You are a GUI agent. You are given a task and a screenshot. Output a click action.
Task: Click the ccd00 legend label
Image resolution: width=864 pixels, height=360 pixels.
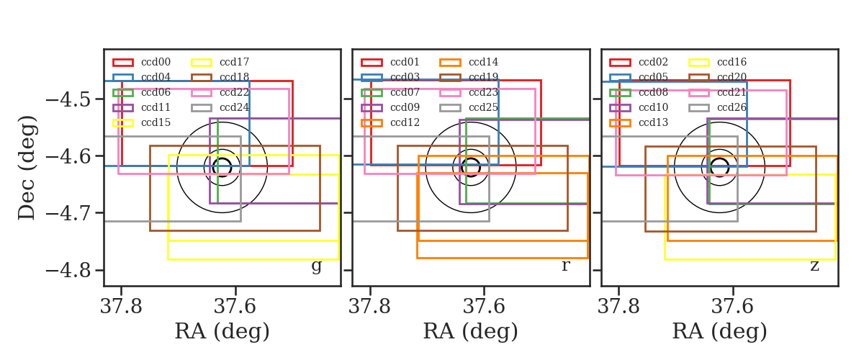point(156,62)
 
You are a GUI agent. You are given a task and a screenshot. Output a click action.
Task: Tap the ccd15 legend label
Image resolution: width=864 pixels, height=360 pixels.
point(156,122)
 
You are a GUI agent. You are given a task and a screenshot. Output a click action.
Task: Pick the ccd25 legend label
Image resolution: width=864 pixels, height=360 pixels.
point(483,107)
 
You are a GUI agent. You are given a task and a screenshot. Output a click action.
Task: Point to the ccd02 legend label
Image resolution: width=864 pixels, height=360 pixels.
point(653,62)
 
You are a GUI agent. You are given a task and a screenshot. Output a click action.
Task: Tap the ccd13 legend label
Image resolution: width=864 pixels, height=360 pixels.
point(653,122)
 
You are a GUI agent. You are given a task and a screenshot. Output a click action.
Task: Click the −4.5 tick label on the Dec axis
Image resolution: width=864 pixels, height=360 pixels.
point(68,99)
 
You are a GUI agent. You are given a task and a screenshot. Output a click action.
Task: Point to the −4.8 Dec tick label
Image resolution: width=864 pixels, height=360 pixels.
point(68,270)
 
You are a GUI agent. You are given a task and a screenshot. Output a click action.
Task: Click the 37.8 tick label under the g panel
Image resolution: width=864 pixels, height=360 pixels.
point(121,307)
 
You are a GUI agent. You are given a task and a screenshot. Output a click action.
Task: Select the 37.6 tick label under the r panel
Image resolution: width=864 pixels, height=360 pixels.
point(484,307)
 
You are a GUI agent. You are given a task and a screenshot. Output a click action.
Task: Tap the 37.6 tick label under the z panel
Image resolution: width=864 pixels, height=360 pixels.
point(732,307)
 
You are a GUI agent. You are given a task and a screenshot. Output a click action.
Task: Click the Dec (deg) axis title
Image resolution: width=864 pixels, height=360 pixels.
point(27,168)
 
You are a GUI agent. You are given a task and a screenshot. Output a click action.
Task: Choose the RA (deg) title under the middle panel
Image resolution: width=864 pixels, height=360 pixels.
point(471,331)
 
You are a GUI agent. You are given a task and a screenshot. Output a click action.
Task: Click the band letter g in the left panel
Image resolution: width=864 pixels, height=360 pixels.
point(316,266)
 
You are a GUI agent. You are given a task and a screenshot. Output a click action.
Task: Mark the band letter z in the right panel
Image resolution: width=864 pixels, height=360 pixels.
point(814,266)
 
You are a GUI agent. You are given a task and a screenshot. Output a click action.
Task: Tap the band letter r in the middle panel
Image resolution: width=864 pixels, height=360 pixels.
point(565,266)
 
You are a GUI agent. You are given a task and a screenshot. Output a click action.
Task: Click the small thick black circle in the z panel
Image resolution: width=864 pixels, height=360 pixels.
point(720,158)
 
